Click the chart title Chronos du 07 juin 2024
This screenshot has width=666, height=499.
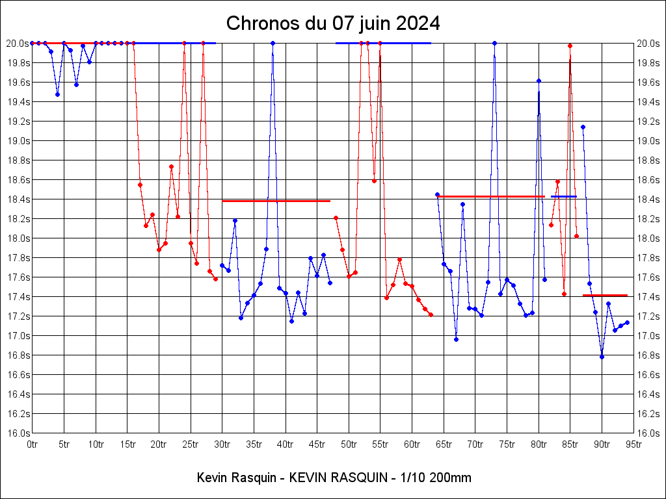point(333,24)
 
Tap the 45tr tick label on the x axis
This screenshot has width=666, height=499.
point(317,444)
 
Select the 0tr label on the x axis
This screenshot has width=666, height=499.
point(33,444)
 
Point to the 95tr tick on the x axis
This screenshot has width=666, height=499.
point(633,444)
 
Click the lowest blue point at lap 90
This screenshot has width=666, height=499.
point(602,357)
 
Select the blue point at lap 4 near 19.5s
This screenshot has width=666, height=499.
point(57,94)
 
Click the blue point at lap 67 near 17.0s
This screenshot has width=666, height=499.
point(456,339)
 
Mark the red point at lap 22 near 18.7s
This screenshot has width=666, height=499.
point(171,166)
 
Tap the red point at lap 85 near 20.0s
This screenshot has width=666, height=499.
point(570,45)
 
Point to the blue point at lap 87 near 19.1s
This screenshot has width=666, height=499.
point(583,127)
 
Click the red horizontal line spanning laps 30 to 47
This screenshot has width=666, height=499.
point(276,201)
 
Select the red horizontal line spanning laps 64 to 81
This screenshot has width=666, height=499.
point(491,196)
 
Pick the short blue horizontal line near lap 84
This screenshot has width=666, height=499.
point(563,196)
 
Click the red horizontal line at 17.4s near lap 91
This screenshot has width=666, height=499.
point(605,295)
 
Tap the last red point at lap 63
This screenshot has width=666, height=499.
point(431,314)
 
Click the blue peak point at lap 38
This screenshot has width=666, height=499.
point(273,43)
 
